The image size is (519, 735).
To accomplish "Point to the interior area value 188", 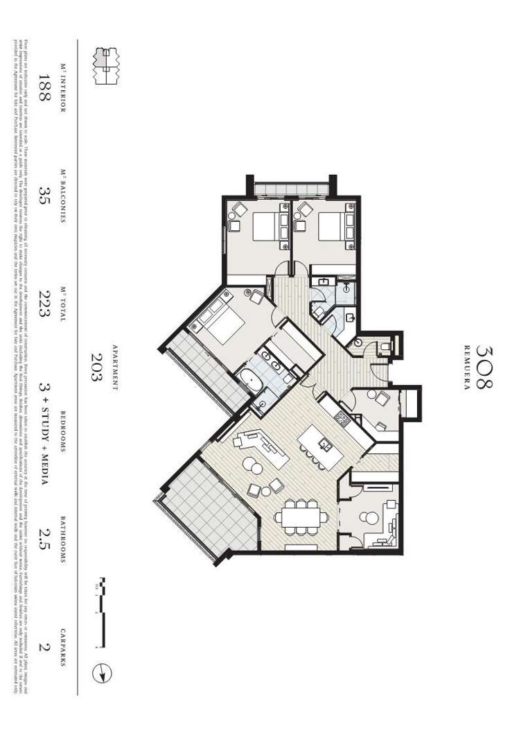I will click(45, 88).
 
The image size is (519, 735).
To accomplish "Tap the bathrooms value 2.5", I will click(45, 545).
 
